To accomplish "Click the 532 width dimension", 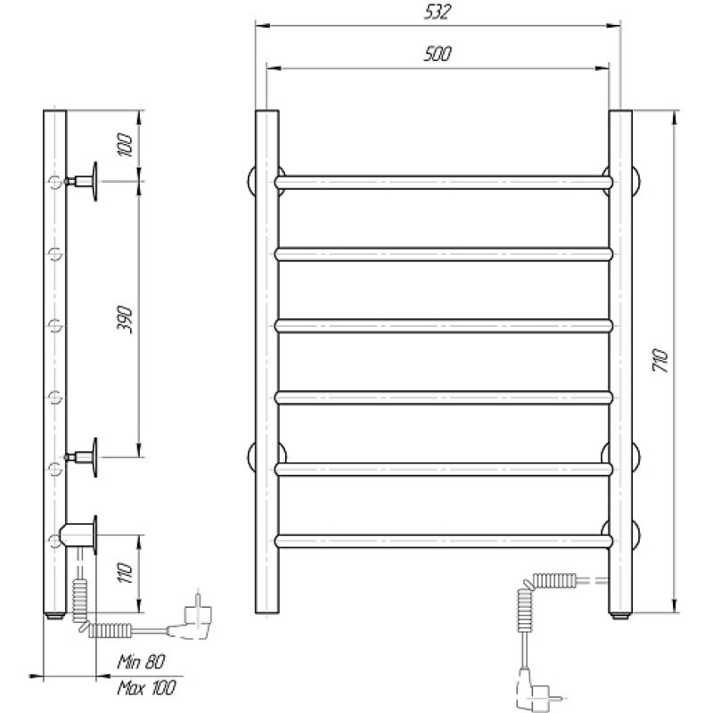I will pyautogui.click(x=438, y=12).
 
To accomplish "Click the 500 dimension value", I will pyautogui.click(x=438, y=53).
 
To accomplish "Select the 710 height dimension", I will pyautogui.click(x=661, y=360).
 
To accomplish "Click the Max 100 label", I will pyautogui.click(x=146, y=686).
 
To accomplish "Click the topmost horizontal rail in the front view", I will pyautogui.click(x=444, y=182).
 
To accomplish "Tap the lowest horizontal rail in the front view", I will pyautogui.click(x=444, y=540).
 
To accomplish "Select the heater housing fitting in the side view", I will pyautogui.click(x=80, y=534).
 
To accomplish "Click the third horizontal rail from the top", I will pyautogui.click(x=444, y=325).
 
